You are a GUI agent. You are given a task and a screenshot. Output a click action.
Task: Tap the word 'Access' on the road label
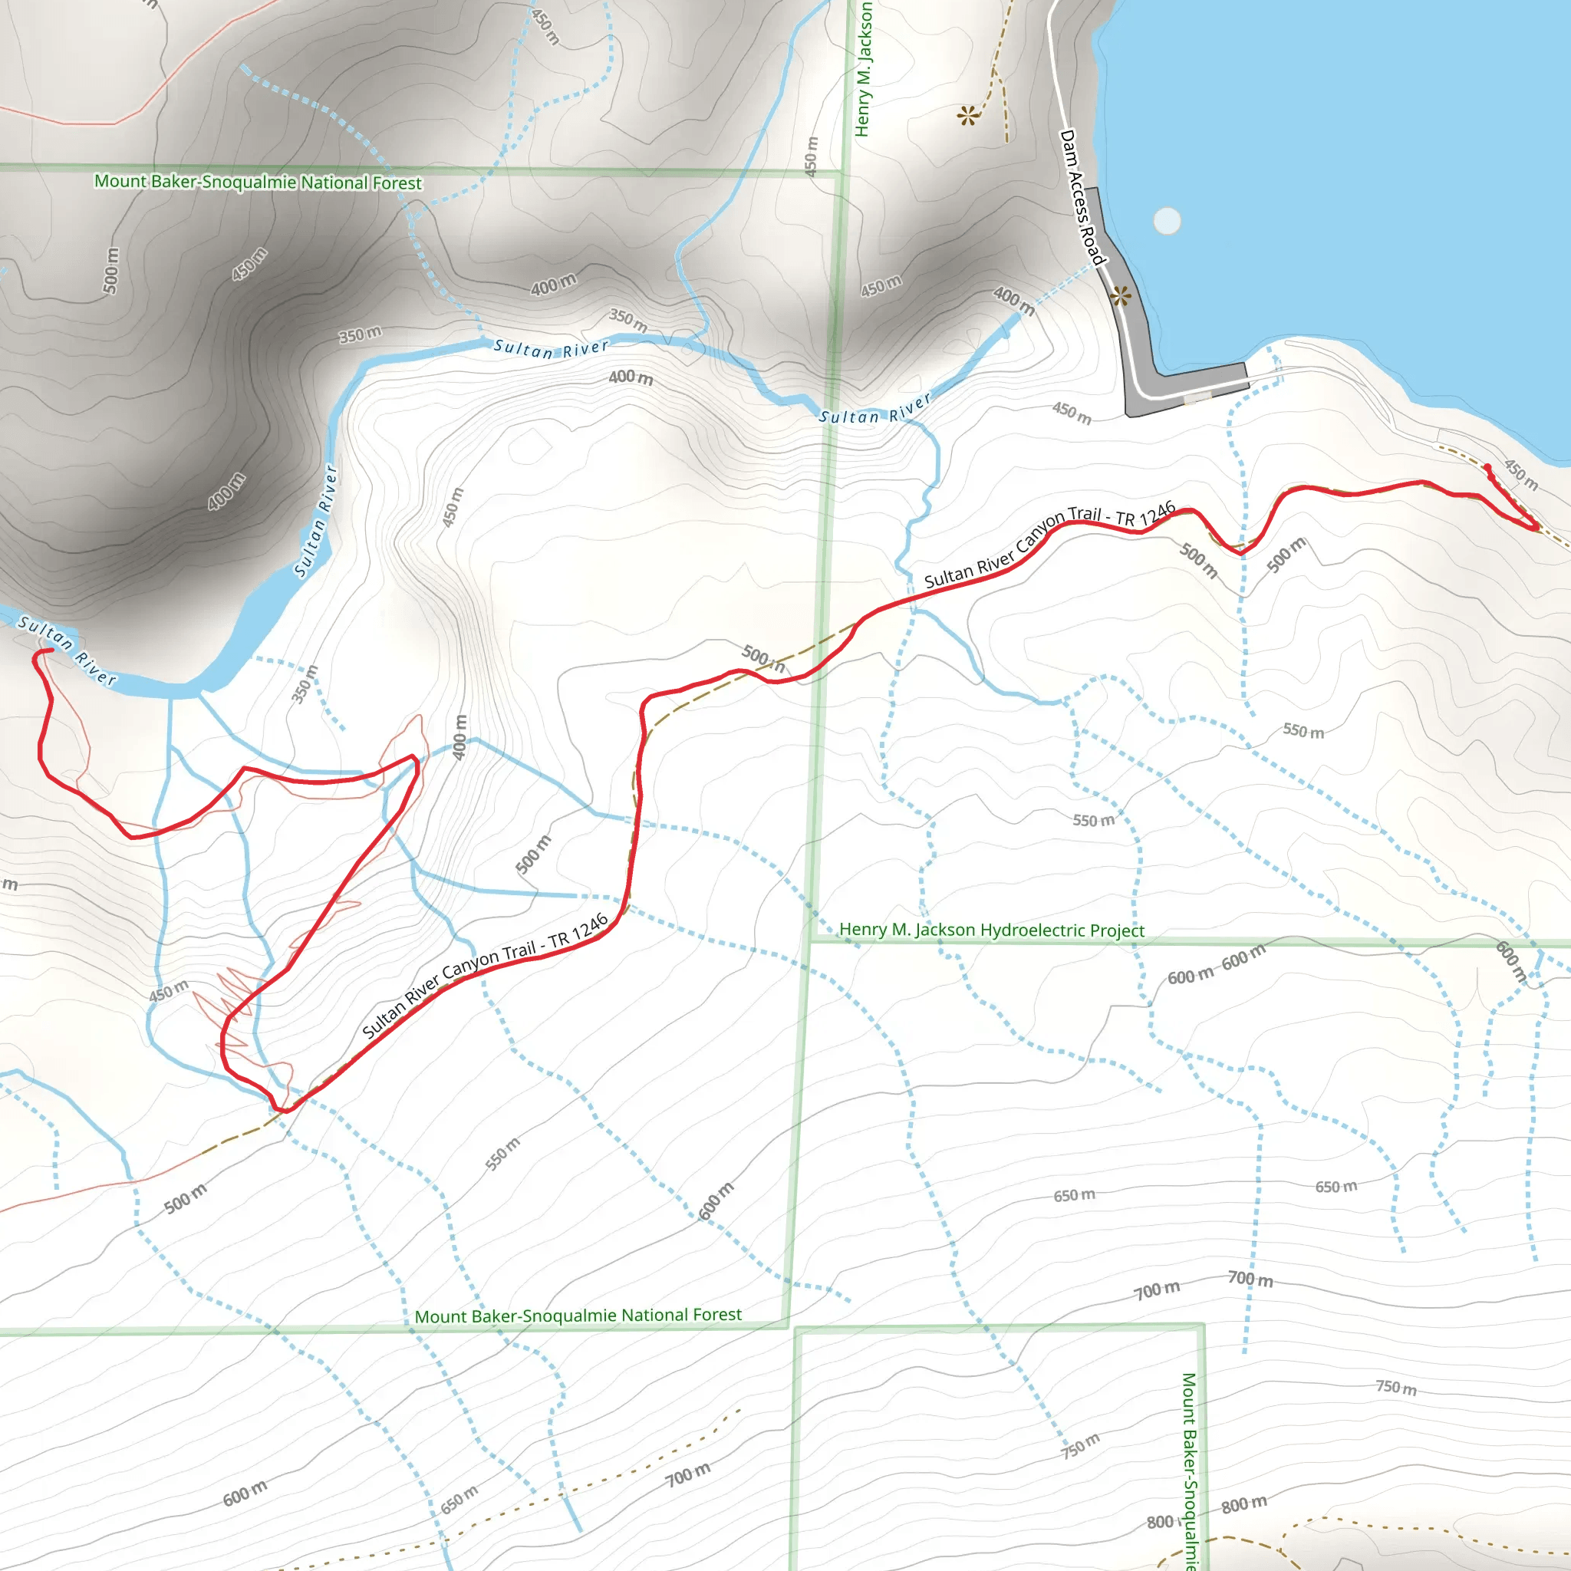1080,200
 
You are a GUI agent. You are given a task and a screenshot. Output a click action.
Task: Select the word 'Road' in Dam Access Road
1093,246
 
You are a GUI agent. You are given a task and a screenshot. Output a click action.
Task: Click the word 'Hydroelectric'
1033,930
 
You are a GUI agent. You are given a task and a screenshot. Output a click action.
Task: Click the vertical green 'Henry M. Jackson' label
864,69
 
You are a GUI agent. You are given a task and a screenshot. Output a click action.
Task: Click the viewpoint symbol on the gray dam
1121,296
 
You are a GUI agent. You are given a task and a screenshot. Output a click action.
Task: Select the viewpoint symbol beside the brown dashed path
967,117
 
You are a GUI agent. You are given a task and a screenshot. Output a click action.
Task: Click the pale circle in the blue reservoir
1167,220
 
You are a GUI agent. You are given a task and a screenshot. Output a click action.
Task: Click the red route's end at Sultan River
51,650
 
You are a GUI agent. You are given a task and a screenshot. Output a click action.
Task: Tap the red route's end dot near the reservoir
1487,468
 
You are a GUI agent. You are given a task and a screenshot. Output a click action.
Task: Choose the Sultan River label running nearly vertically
315,520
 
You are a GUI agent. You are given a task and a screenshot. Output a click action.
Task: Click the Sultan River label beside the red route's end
68,650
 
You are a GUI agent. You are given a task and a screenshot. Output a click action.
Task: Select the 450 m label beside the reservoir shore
1520,474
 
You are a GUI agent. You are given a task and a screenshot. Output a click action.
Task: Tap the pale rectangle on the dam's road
1197,397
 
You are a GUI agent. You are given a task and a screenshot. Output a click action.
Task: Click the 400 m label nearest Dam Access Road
1014,301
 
